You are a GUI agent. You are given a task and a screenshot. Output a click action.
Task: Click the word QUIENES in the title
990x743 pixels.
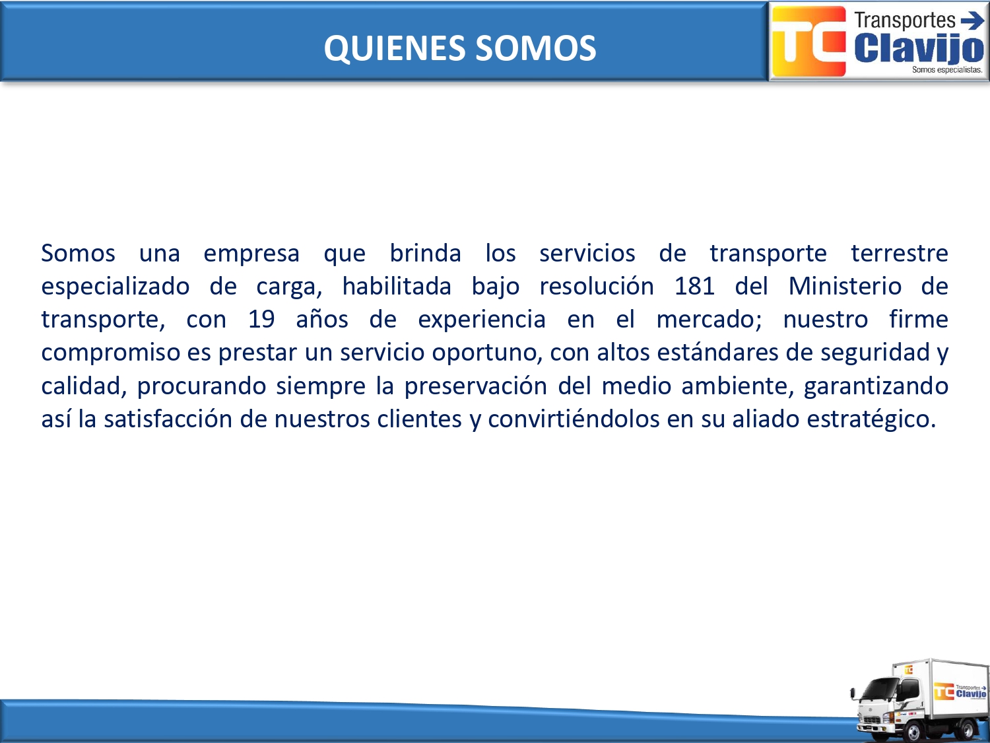(x=394, y=48)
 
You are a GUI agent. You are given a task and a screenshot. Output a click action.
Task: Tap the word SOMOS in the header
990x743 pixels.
(x=536, y=48)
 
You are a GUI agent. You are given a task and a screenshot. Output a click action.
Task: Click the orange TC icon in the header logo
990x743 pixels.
(x=808, y=41)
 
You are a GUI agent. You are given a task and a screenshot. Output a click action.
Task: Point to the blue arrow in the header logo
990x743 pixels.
(x=972, y=20)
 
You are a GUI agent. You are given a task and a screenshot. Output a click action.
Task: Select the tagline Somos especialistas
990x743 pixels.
(x=947, y=70)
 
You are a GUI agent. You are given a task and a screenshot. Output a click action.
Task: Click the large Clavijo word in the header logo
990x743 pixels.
(x=919, y=49)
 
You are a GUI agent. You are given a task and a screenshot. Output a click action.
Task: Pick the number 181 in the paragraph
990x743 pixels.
(x=694, y=286)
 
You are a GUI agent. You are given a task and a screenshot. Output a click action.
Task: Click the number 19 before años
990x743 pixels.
(x=261, y=320)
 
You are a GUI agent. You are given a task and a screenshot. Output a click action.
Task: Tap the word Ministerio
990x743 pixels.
(x=845, y=286)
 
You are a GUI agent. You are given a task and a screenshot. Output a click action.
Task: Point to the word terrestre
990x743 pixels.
(x=900, y=253)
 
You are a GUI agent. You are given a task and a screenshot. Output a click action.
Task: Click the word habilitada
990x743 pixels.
(x=397, y=286)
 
